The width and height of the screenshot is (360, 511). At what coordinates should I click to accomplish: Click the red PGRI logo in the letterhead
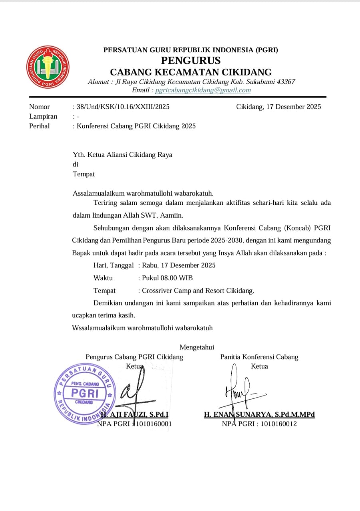48,67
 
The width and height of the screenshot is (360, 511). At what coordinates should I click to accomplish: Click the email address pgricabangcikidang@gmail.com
203,90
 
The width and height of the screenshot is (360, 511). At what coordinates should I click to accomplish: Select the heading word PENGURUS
191,61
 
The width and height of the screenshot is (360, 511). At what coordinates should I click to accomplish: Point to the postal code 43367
285,82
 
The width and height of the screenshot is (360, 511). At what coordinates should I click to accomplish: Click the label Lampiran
43,117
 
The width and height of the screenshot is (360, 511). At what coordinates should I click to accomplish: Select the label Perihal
40,126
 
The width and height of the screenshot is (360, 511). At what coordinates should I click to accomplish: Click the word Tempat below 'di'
84,174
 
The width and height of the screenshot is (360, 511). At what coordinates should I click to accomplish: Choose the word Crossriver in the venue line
157,291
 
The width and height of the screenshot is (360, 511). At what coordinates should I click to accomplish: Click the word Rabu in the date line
151,265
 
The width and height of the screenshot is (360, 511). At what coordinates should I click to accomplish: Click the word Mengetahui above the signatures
197,347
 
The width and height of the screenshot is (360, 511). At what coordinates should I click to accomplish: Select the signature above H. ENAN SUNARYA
240,389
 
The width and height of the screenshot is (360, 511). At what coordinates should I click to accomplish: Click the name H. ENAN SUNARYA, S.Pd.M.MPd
259,415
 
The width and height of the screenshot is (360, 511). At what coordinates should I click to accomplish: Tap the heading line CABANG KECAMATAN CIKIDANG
191,72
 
